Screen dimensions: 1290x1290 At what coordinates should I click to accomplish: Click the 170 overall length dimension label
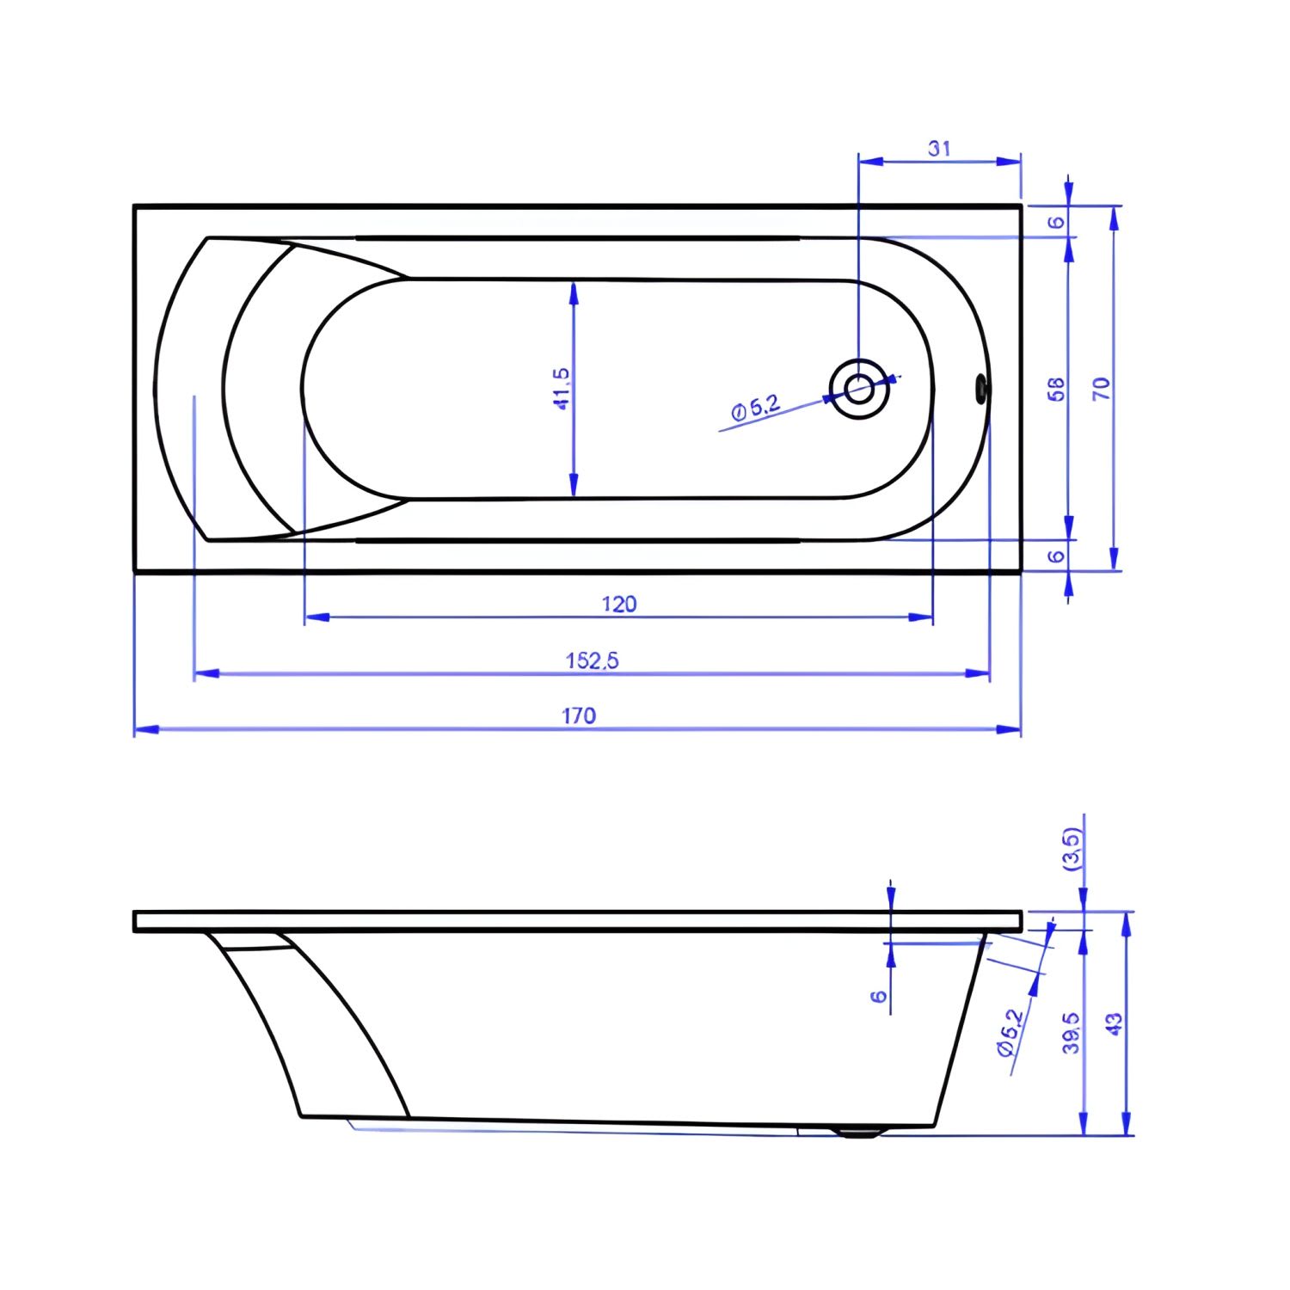pos(579,716)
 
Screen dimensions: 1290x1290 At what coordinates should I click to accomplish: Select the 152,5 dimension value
pos(593,660)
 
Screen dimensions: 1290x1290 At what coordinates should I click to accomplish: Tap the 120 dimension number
pos(619,604)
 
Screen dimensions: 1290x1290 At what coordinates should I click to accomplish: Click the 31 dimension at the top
pos(939,148)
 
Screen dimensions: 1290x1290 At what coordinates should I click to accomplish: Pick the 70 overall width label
pos(1101,389)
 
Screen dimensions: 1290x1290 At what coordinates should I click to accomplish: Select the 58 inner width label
pos(1057,389)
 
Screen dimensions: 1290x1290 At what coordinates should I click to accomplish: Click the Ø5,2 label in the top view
pos(756,406)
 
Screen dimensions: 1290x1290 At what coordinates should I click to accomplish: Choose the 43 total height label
pos(1114,1024)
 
